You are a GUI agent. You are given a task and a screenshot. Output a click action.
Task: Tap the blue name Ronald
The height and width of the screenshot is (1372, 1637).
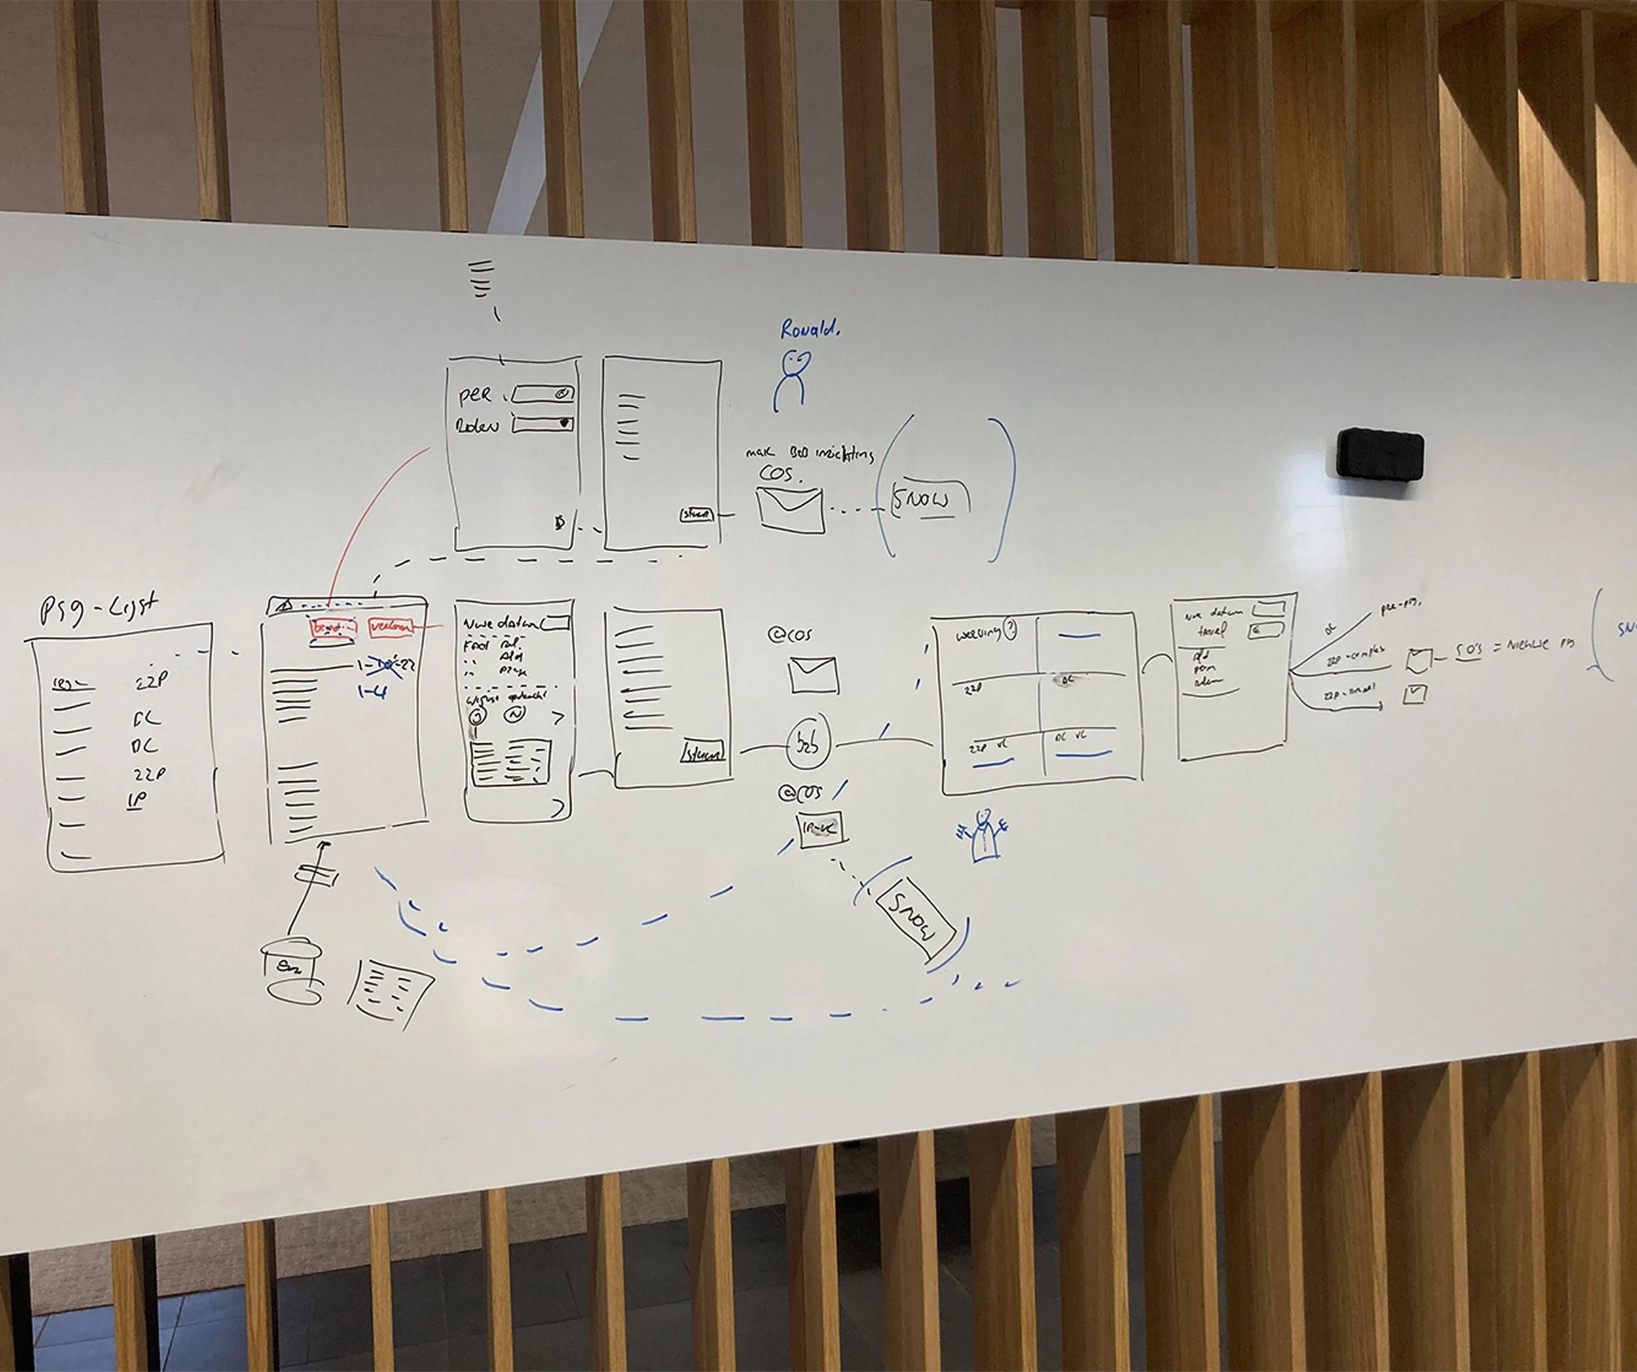[811, 330]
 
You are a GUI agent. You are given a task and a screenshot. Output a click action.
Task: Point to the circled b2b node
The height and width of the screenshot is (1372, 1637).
[807, 744]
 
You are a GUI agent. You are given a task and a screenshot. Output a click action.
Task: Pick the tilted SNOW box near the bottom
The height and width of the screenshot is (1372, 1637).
[915, 921]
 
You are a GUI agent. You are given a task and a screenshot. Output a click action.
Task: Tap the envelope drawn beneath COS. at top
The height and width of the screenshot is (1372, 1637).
[790, 509]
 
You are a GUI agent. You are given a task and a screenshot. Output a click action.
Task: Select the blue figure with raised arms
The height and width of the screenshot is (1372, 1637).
[984, 835]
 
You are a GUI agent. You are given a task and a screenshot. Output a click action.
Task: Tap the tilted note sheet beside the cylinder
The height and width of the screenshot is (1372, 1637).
[390, 990]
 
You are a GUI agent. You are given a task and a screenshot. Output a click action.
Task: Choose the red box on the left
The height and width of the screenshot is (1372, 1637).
[333, 627]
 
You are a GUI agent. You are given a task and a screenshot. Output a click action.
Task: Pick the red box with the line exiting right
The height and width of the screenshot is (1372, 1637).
[392, 627]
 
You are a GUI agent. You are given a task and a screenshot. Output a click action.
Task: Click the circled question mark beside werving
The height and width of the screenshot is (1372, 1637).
[1010, 628]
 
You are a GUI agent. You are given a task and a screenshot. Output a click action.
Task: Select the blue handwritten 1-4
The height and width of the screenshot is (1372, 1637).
[373, 691]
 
